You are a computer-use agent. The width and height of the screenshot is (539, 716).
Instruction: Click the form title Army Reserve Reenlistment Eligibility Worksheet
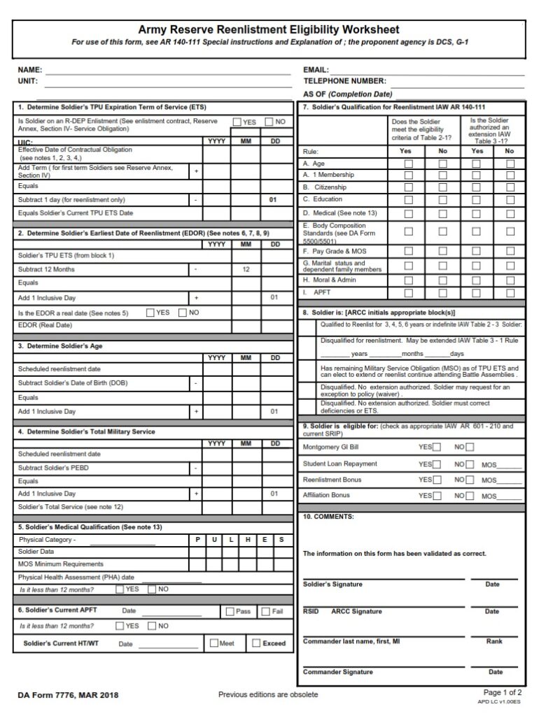pyautogui.click(x=269, y=30)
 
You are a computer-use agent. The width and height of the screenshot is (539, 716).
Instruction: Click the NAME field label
pyautogui.click(x=30, y=70)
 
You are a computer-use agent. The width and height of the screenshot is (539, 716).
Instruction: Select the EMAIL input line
pyautogui.click(x=427, y=70)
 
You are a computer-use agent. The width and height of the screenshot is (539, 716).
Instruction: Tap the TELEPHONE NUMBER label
pyautogui.click(x=344, y=81)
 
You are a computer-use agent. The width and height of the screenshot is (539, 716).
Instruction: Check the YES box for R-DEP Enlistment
pyautogui.click(x=237, y=122)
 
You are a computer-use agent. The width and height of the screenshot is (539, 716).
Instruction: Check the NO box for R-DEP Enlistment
pyautogui.click(x=269, y=122)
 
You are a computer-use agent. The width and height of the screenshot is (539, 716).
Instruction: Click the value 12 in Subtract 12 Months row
pyautogui.click(x=246, y=269)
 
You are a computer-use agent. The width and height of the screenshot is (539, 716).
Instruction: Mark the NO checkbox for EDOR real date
pyautogui.click(x=183, y=313)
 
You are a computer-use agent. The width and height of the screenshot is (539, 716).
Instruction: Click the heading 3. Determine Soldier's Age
pyautogui.click(x=60, y=346)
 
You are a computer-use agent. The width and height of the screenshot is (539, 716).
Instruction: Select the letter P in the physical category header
pyautogui.click(x=197, y=540)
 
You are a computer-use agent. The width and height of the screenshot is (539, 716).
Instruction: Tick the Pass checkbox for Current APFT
pyautogui.click(x=230, y=611)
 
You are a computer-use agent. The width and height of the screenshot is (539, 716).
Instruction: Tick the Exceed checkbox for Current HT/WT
pyautogui.click(x=256, y=643)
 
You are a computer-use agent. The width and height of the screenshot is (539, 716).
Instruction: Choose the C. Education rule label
pyautogui.click(x=323, y=199)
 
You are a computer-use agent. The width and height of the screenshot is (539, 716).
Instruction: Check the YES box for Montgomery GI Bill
pyautogui.click(x=437, y=447)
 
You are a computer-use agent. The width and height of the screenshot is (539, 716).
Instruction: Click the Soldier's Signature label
pyautogui.click(x=332, y=585)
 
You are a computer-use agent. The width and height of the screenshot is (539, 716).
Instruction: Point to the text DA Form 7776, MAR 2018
pyautogui.click(x=68, y=695)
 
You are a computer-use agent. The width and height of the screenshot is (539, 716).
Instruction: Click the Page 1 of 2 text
pyautogui.click(x=502, y=692)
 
